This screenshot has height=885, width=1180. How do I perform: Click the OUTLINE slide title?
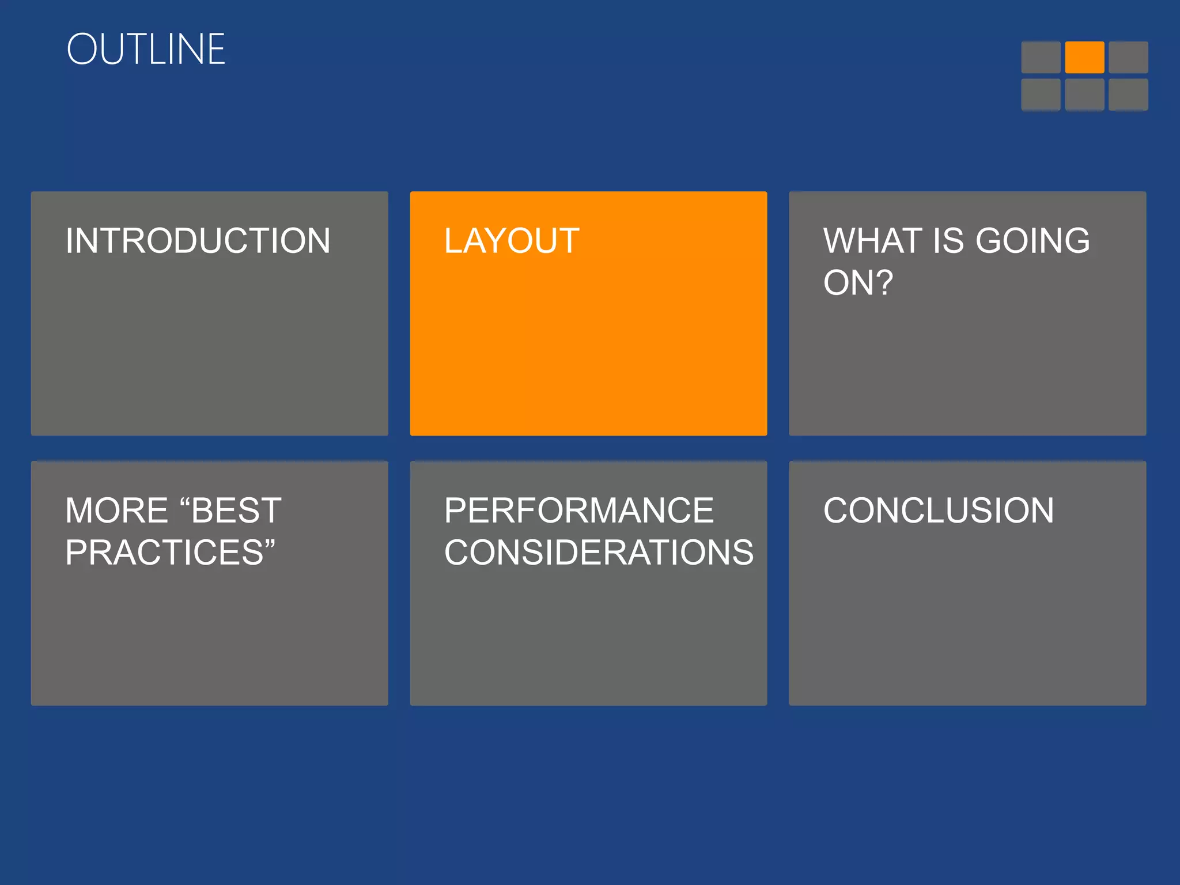(146, 49)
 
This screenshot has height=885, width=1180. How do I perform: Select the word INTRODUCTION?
(198, 241)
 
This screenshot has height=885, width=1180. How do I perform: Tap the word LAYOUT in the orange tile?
(512, 241)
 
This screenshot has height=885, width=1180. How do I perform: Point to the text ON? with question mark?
(858, 283)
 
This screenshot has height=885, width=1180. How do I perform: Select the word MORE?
(116, 510)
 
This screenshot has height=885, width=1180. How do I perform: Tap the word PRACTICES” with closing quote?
(170, 553)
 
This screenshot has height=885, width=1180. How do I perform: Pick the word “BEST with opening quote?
(230, 510)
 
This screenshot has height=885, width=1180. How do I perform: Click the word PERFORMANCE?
(579, 510)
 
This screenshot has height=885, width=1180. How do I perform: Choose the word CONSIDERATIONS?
(599, 553)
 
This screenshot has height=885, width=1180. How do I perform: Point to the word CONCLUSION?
(939, 510)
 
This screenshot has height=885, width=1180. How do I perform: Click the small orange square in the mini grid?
(1084, 57)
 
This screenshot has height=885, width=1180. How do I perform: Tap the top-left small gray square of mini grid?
(1041, 57)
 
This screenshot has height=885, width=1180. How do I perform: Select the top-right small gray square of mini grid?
(1128, 57)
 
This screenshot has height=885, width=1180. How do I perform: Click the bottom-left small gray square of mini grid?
(1041, 94)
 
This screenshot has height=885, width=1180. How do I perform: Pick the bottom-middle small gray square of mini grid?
(1084, 94)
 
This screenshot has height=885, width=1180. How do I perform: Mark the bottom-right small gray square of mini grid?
(1128, 94)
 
